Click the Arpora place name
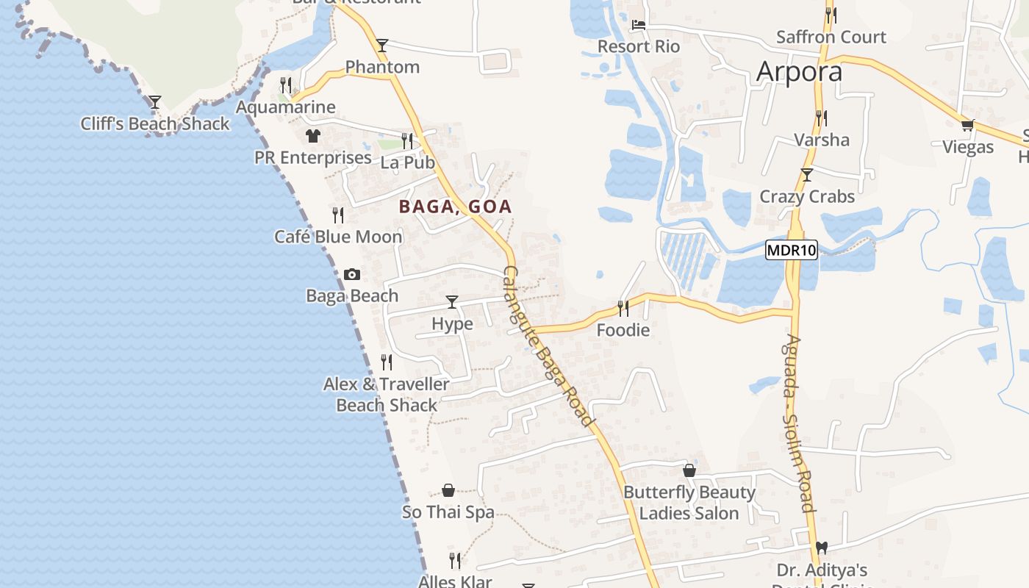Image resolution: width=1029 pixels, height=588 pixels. coord(799,72)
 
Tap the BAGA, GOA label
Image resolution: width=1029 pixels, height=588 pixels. coord(455,207)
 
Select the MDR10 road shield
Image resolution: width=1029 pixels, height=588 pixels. coord(791,250)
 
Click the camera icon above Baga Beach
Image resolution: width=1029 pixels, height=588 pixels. coord(352,274)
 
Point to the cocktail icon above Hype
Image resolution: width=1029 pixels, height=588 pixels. coord(452,302)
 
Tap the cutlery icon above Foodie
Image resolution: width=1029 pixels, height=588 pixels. coord(623,308)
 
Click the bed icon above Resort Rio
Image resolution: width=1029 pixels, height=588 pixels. coord(638,24)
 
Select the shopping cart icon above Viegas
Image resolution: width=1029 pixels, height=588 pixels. coord(967,126)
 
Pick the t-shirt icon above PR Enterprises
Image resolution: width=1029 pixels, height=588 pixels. coord(313,136)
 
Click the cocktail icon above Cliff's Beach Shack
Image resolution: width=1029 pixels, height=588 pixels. coord(155,101)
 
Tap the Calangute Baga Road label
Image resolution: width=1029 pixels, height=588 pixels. coord(548,345)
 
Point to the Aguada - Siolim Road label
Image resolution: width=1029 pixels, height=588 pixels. coord(799,423)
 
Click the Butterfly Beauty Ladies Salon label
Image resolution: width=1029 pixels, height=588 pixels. coord(689,503)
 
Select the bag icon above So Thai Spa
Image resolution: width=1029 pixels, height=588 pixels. coord(448,490)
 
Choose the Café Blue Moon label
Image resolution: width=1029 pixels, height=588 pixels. coord(338,237)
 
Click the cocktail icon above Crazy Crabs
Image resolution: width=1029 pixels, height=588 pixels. coord(807,175)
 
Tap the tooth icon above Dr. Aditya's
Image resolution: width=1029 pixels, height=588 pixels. coord(822,548)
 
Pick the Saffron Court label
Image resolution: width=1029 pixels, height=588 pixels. coord(831,37)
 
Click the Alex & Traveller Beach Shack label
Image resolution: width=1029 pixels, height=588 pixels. coord(387,395)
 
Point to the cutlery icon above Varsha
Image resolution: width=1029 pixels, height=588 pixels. coord(821,118)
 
